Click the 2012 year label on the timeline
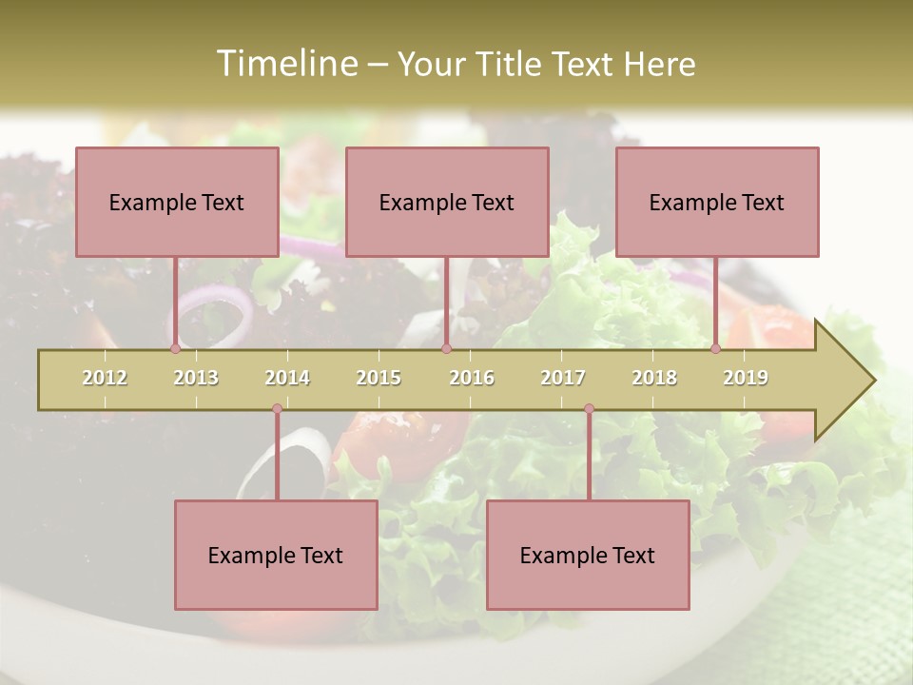pyautogui.click(x=105, y=378)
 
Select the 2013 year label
pyautogui.click(x=196, y=378)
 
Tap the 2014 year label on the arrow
pyautogui.click(x=287, y=378)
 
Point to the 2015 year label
pyautogui.click(x=379, y=378)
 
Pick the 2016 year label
pyautogui.click(x=472, y=378)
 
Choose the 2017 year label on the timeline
pyautogui.click(x=563, y=378)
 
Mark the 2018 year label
pyautogui.click(x=654, y=378)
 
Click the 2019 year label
pyautogui.click(x=746, y=378)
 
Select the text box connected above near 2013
pyautogui.click(x=177, y=202)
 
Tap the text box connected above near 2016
pyautogui.click(x=447, y=202)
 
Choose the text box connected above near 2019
pyautogui.click(x=717, y=202)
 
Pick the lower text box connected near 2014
pyautogui.click(x=276, y=555)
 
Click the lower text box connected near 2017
pyautogui.click(x=588, y=555)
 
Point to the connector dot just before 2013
pyautogui.click(x=175, y=348)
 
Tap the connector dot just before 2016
pyautogui.click(x=446, y=348)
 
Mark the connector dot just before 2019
pyautogui.click(x=715, y=348)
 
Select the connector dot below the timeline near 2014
pyautogui.click(x=277, y=409)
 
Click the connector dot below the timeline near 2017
pyautogui.click(x=589, y=409)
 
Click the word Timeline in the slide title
pyautogui.click(x=286, y=64)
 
